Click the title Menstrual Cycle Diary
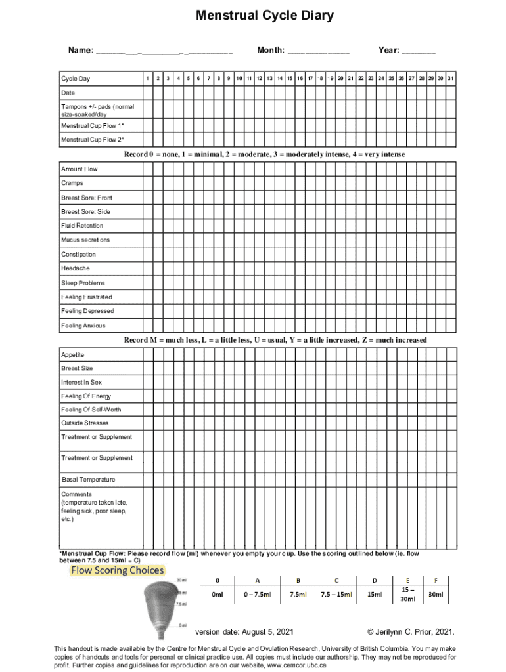click(x=264, y=16)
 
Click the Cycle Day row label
click(x=76, y=79)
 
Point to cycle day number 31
click(x=451, y=79)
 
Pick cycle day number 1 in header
click(x=149, y=79)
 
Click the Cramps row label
click(x=72, y=184)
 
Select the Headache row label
click(x=76, y=268)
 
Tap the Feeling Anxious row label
click(x=83, y=325)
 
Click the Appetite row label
click(x=73, y=355)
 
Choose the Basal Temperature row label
click(x=88, y=480)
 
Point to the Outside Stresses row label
click(x=85, y=423)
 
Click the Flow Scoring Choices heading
click(x=117, y=570)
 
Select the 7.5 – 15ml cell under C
click(x=336, y=595)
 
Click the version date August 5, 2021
click(x=244, y=632)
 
